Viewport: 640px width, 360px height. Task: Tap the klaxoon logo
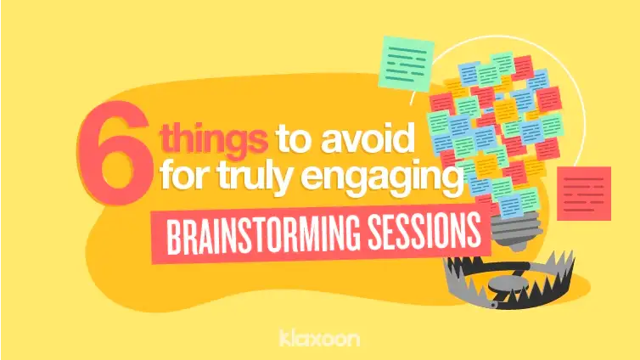319,337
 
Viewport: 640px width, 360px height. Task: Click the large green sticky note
406,65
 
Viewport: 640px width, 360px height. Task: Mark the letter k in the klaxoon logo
284,337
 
